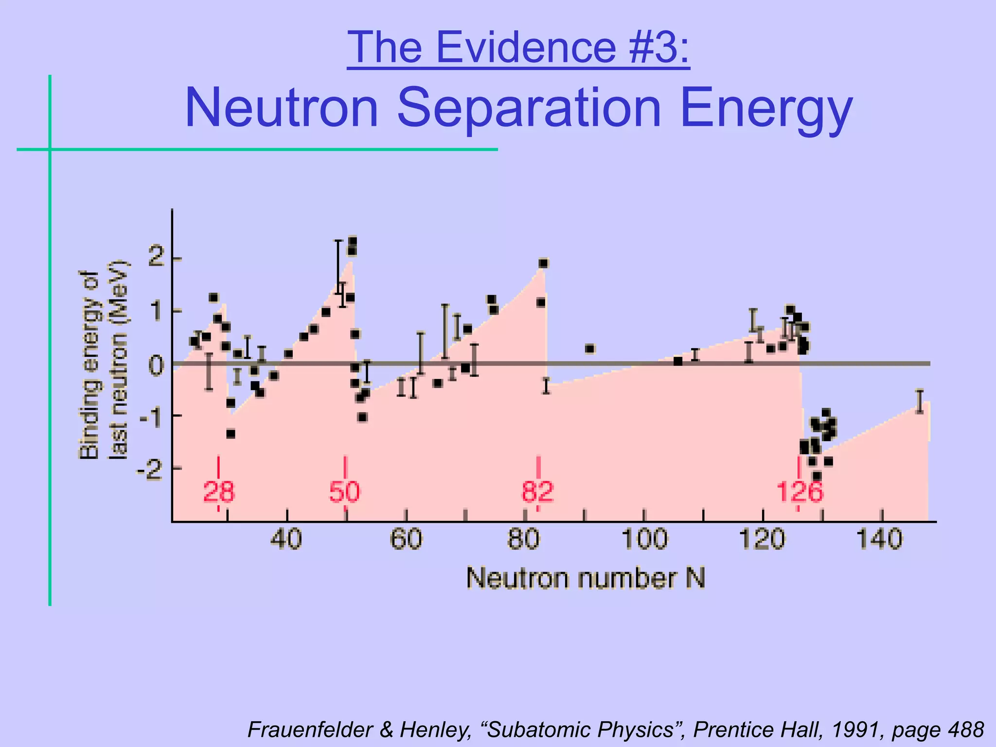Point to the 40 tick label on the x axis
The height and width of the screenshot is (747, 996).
(x=287, y=539)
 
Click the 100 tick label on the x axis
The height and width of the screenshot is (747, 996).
(x=644, y=539)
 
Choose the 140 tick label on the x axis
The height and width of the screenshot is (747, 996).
(x=880, y=539)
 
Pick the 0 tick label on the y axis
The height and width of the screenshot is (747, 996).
(x=157, y=365)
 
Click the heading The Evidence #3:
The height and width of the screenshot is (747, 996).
(x=518, y=47)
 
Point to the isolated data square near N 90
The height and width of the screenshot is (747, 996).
(x=590, y=348)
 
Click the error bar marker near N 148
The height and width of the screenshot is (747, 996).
(x=919, y=402)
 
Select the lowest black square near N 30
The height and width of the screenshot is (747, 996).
(x=231, y=433)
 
